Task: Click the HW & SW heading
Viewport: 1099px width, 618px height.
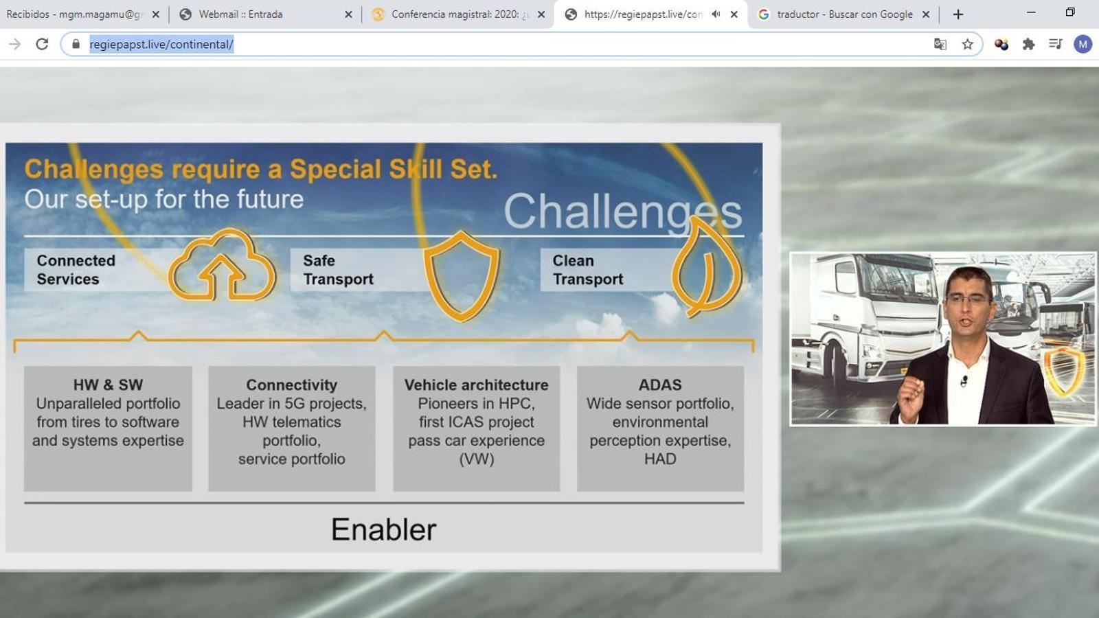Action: click(108, 385)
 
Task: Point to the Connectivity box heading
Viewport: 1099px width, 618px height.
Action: click(292, 385)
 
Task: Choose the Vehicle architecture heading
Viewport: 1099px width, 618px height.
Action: click(477, 385)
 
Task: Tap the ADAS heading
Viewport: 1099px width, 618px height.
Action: click(660, 385)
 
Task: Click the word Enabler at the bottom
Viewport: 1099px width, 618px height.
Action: click(384, 529)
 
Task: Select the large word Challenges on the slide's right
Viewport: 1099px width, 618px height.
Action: click(622, 211)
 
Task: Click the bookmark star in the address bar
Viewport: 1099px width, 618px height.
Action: click(968, 44)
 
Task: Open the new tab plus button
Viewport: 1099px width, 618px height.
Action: click(958, 14)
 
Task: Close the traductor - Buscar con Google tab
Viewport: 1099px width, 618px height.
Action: click(926, 14)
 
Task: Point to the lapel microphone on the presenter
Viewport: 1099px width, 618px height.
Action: click(964, 381)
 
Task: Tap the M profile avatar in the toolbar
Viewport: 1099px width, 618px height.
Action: click(1083, 44)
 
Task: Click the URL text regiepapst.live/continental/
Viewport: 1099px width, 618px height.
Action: click(161, 44)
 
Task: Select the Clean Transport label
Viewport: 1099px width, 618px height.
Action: click(588, 270)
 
